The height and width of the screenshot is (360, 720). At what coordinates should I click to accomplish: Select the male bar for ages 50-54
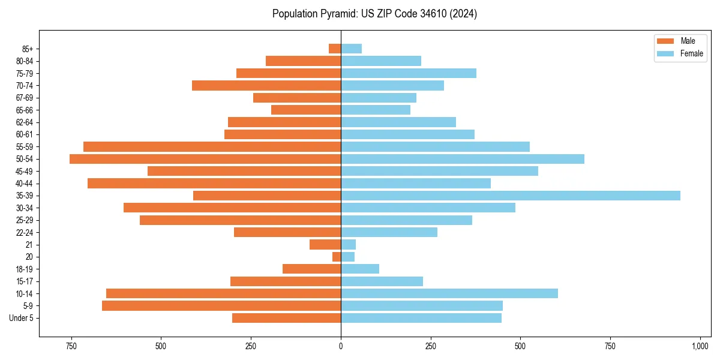(205, 159)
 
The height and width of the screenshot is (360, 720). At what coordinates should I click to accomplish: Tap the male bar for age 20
(337, 257)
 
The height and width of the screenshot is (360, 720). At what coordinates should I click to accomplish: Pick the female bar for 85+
(351, 49)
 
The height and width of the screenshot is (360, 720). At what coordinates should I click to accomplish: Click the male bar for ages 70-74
(266, 86)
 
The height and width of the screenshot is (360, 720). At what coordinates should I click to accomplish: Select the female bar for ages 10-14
(449, 293)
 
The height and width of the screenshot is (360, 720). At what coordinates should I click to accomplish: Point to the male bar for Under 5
(286, 318)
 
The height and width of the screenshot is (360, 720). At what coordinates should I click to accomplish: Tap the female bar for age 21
(348, 245)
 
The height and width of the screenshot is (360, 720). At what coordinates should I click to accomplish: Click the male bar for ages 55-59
(212, 147)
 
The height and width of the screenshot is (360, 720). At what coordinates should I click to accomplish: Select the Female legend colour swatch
(665, 53)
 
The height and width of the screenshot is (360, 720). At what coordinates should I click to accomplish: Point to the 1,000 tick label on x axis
(700, 347)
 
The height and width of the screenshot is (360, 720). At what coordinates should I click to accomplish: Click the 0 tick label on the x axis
(341, 347)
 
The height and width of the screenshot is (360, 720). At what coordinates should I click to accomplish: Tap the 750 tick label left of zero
(71, 347)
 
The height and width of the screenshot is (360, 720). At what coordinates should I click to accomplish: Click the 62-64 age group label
(25, 122)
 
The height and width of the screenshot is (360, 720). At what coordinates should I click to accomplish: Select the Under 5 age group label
(21, 318)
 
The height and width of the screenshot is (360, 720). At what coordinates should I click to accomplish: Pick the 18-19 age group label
(25, 269)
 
